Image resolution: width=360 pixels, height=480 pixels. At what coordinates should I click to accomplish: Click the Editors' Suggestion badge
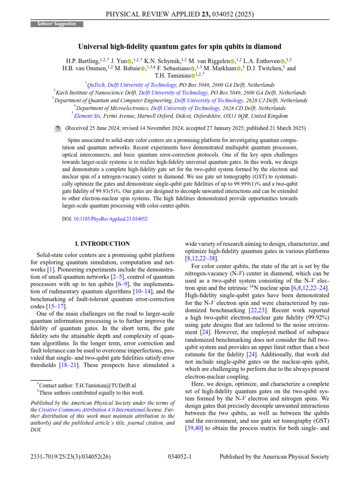57,24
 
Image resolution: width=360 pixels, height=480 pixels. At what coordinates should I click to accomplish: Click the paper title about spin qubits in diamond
180,46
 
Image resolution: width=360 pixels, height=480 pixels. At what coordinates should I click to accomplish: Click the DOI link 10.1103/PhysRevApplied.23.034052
111,219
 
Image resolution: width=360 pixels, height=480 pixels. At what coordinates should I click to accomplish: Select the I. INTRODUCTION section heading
103,244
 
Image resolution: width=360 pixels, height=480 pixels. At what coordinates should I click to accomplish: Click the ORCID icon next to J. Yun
129,60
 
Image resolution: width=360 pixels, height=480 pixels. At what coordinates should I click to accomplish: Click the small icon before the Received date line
58,128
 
